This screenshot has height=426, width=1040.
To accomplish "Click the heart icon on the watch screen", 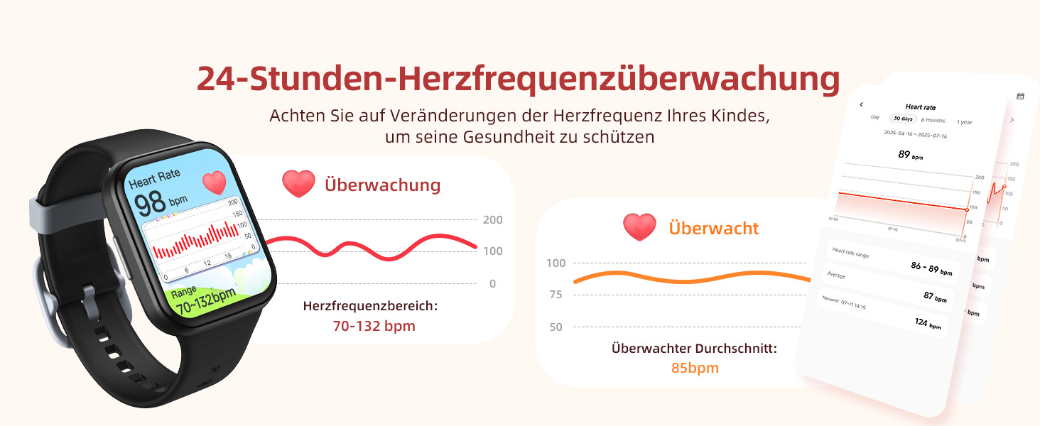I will point(214,182).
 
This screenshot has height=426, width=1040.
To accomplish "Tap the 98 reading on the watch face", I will point(151,202).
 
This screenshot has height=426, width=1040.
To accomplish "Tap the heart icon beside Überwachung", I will point(298,185).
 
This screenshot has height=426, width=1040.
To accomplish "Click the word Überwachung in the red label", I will point(382,185).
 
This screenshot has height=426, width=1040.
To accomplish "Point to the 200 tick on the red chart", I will point(492,220).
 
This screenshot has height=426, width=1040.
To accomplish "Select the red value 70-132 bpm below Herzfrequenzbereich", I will point(374,326).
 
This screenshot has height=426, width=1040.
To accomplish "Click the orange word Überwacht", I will point(713,228).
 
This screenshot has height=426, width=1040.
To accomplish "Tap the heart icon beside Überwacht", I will point(639,227).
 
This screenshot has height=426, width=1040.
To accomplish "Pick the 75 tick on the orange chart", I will point(556,295).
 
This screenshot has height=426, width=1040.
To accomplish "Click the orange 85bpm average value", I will point(694,368).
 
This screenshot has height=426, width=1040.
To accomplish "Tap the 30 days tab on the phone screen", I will point(902,119).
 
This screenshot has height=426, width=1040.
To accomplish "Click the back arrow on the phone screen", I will point(861,104).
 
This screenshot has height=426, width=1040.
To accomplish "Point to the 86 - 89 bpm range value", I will point(931,268).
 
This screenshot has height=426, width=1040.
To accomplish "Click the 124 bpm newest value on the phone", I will point(927,323).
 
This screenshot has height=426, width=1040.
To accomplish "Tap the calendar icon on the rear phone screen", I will point(1021,96).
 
